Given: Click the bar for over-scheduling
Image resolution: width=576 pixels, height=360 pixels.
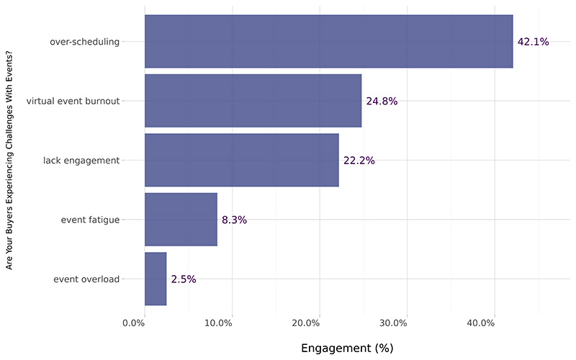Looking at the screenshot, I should pyautogui.click(x=328, y=42).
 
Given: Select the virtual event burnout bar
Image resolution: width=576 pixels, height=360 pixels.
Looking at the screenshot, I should pyautogui.click(x=253, y=101).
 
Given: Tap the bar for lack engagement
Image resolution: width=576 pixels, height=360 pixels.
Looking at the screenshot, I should pyautogui.click(x=241, y=160).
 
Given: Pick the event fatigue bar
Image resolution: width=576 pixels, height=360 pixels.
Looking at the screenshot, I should pyautogui.click(x=181, y=220).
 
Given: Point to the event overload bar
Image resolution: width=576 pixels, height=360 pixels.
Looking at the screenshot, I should pyautogui.click(x=156, y=279).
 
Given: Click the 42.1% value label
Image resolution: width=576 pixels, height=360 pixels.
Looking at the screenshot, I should pyautogui.click(x=533, y=42).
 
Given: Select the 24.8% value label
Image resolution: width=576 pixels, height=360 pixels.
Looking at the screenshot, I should pyautogui.click(x=382, y=101).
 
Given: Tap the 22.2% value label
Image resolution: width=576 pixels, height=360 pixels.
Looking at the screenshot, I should pyautogui.click(x=359, y=160).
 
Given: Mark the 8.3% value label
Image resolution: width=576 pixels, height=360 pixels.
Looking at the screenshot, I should pyautogui.click(x=234, y=220).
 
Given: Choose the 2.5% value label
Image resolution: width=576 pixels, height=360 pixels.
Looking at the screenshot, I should pyautogui.click(x=183, y=279).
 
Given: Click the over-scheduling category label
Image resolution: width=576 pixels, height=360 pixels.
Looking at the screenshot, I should pyautogui.click(x=84, y=42).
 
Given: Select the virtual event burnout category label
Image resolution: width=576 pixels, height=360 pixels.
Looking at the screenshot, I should pyautogui.click(x=73, y=101).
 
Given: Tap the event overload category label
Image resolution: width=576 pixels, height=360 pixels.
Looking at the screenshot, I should pyautogui.click(x=86, y=279).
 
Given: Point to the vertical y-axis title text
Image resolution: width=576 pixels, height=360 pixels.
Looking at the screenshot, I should pyautogui.click(x=10, y=160).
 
